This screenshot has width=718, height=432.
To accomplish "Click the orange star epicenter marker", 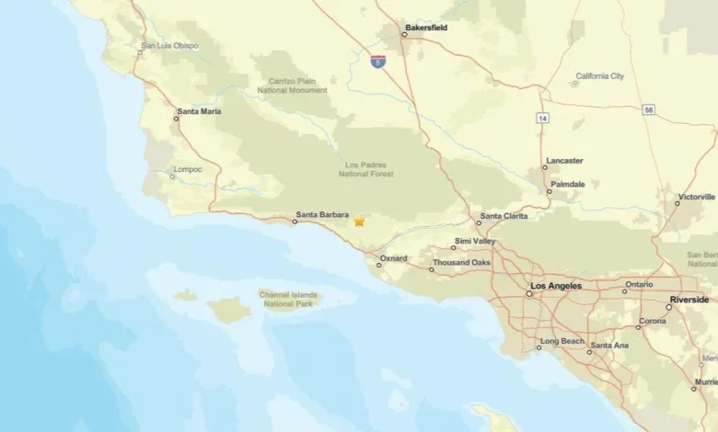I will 359,222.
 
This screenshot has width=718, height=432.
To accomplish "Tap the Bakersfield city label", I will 426,28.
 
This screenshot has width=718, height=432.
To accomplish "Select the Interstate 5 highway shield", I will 377,61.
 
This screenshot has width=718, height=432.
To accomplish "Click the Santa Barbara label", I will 322,216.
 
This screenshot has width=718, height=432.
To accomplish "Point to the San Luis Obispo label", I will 170,45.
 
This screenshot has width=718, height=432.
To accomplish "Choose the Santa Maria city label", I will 199,111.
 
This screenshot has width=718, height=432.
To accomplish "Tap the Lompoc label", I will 187,169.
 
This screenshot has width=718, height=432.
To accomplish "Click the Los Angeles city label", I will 557,286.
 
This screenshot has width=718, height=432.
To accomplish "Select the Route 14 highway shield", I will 543,119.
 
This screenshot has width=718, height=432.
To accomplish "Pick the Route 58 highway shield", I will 650,109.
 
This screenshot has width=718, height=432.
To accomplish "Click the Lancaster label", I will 564,161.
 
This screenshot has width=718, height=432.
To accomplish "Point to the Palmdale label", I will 568,184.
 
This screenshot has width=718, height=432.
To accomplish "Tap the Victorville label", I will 697,197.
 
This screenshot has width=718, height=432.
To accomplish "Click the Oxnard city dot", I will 379,265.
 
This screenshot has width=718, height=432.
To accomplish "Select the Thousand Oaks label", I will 462,263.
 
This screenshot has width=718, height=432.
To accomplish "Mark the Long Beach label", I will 562,341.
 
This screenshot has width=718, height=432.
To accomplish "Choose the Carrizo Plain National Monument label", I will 297,85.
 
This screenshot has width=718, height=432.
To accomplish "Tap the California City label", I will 600,76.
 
